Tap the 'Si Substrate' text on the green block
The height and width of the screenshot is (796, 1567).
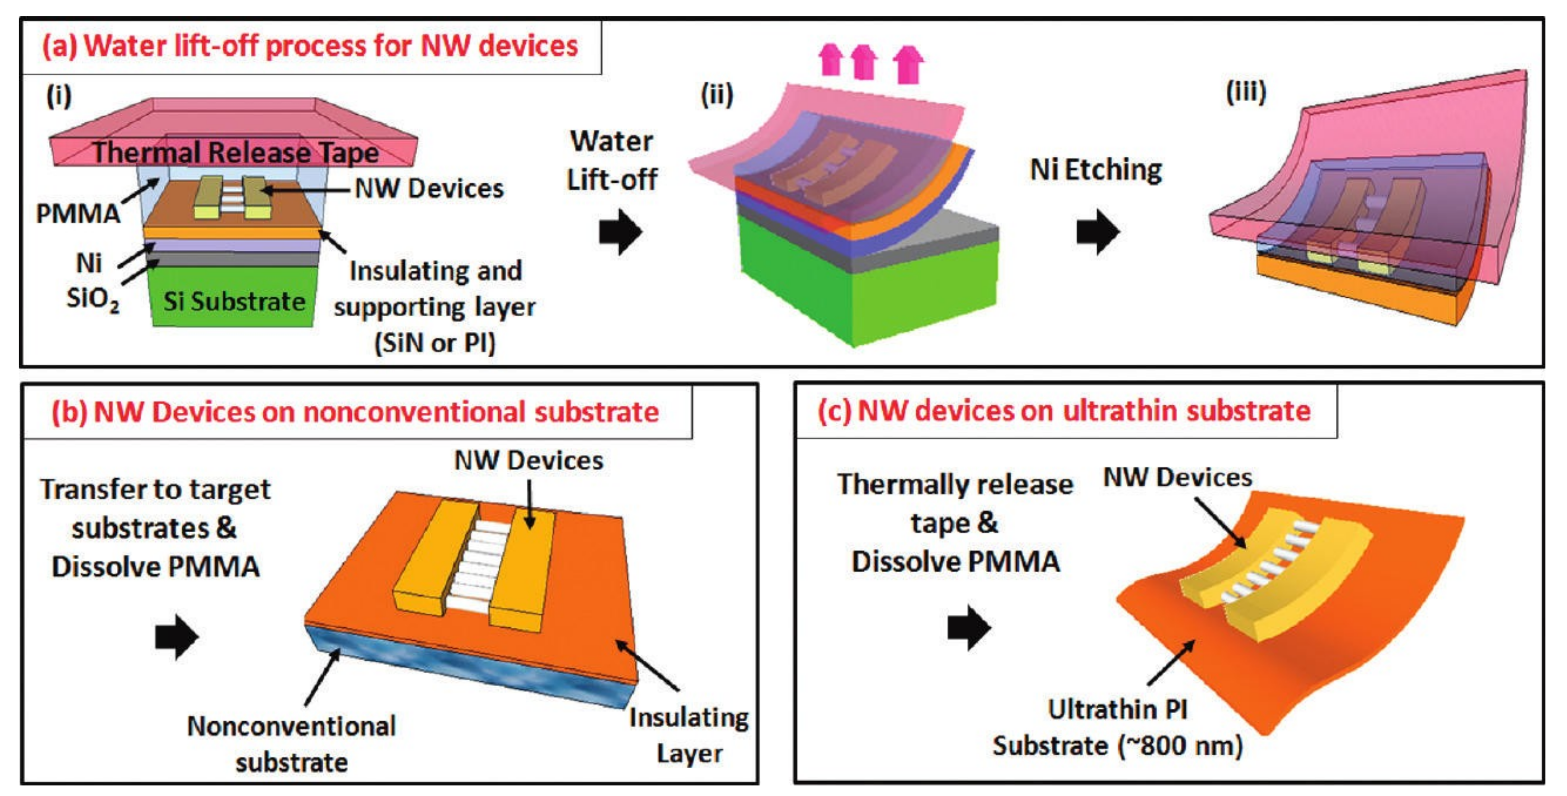tap(234, 301)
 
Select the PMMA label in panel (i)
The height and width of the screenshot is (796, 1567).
tap(78, 213)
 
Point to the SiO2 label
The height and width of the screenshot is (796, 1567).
tap(93, 299)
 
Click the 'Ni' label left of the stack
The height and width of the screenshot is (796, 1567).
tap(89, 263)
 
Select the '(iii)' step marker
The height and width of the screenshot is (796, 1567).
tap(1246, 93)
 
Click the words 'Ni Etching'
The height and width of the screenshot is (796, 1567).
tap(1096, 170)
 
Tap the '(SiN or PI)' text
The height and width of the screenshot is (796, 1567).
tap(434, 343)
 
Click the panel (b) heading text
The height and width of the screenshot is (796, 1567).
tap(355, 412)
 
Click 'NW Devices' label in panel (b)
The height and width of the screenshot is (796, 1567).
tap(528, 460)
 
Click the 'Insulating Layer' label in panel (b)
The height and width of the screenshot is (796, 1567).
tap(689, 735)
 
